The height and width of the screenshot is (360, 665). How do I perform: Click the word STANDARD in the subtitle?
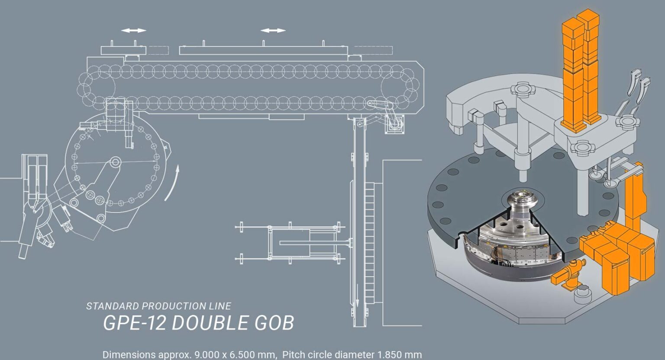pos(113,306)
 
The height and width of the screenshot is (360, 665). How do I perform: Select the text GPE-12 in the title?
pos(134,323)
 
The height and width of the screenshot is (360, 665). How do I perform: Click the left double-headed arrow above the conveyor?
pos(134,31)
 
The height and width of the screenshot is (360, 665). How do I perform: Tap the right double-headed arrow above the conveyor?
pos(273,31)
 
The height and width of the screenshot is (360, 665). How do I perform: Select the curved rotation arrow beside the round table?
pos(173,184)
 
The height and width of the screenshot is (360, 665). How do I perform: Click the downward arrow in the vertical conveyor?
pos(358,295)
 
